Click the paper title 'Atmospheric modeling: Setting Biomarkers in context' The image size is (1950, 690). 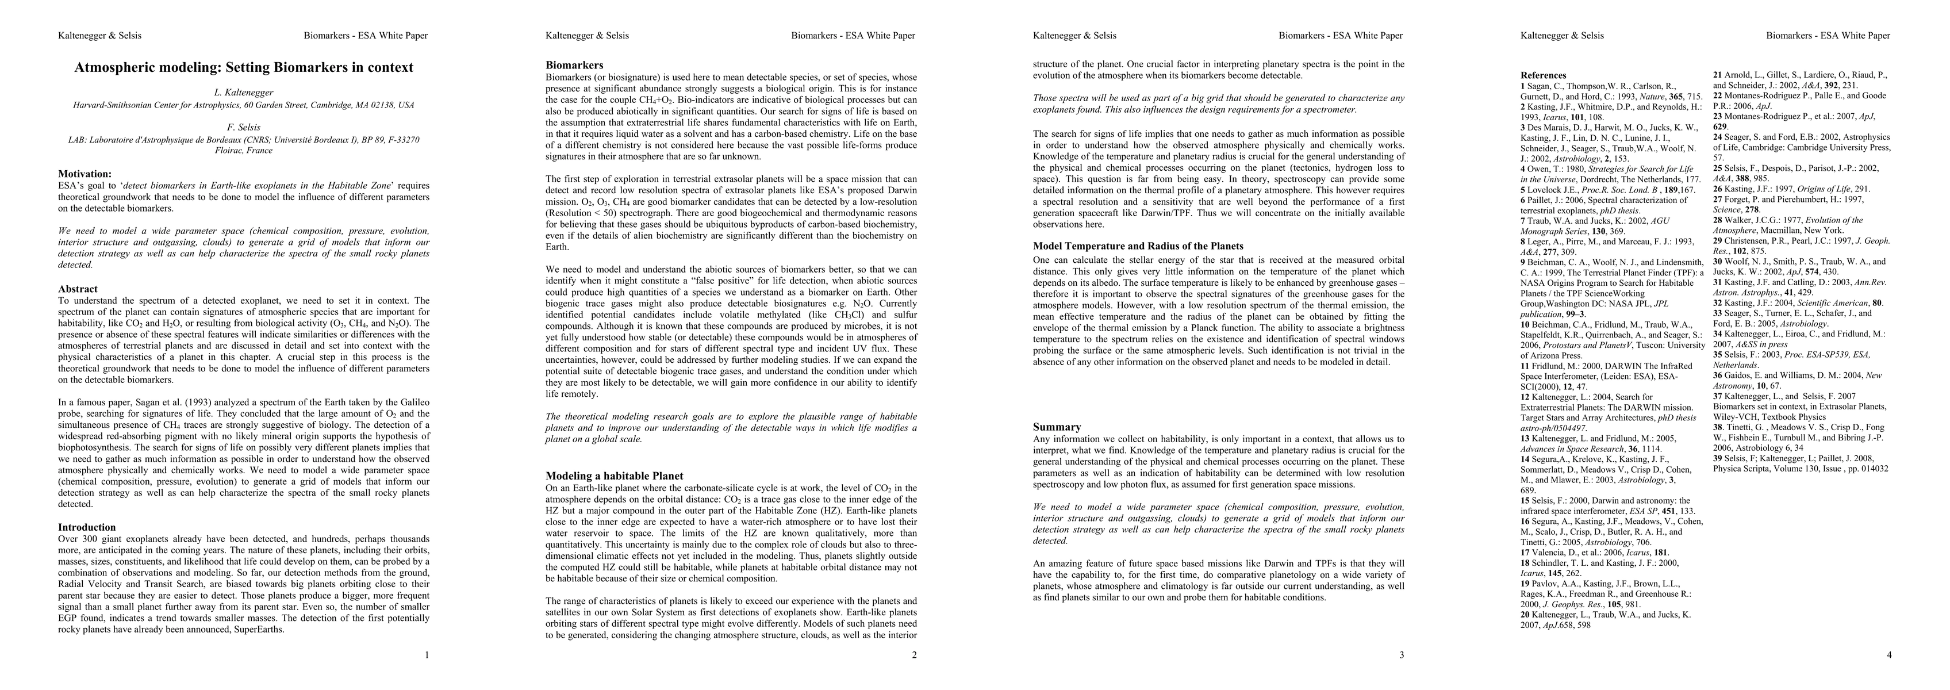pyautogui.click(x=244, y=67)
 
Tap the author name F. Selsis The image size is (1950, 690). pyautogui.click(x=244, y=127)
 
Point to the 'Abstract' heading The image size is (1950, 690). pyautogui.click(x=78, y=289)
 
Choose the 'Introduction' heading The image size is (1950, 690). pyautogui.click(x=87, y=527)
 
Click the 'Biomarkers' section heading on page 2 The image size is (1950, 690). pyautogui.click(x=574, y=65)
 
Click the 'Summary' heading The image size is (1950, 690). pyautogui.click(x=1058, y=427)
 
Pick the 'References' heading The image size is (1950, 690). pyautogui.click(x=1544, y=76)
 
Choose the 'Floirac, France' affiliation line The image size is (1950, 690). pyautogui.click(x=244, y=150)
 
